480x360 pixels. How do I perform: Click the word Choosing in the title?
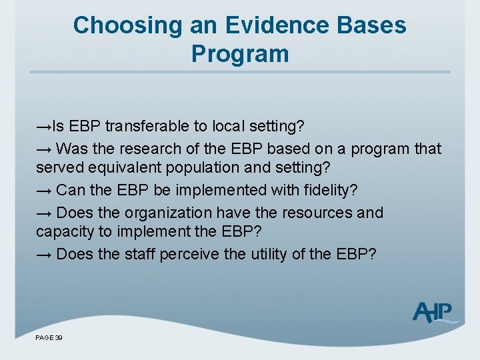point(127,25)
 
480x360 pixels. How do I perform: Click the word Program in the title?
point(240,53)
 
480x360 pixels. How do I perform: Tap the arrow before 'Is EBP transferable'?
point(44,127)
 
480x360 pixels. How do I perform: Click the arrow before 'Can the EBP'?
point(44,191)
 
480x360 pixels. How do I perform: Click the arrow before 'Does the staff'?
point(44,255)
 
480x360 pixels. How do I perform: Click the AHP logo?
point(433,312)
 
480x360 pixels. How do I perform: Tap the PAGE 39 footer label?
point(49,339)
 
